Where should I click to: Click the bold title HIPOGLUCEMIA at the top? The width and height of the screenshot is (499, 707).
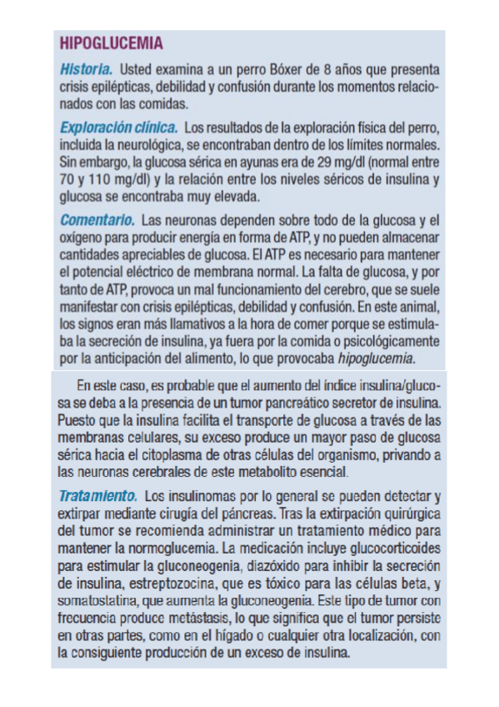112,43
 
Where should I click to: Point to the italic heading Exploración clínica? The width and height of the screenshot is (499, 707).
118,128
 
